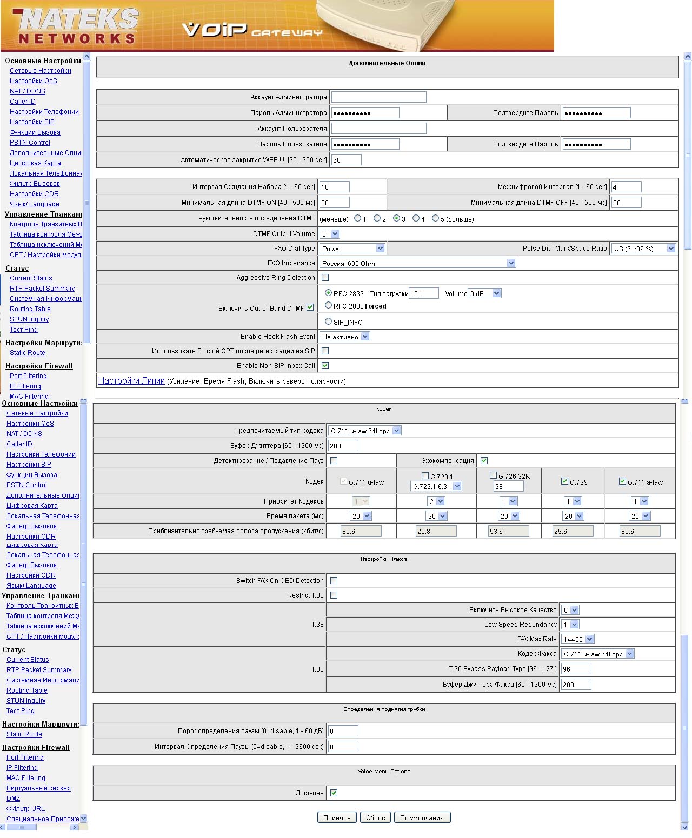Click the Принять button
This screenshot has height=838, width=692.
point(337,817)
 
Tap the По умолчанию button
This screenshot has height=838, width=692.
point(422,817)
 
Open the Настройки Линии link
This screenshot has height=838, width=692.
point(131,380)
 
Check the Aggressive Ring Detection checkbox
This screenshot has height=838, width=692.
point(325,278)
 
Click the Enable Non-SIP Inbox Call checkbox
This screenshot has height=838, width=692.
point(325,366)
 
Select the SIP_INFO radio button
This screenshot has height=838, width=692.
point(328,321)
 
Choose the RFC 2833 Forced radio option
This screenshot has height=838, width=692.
point(328,306)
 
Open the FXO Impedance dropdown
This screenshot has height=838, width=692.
point(417,263)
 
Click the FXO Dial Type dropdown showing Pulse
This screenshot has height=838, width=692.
point(352,249)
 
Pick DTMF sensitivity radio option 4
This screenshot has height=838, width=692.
point(416,219)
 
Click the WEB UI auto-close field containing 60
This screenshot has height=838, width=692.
point(346,160)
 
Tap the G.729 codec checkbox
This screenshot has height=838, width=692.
point(565,481)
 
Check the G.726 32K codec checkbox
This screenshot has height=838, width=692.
point(493,475)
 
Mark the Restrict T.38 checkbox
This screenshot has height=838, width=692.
point(334,595)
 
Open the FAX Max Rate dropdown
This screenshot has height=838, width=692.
point(577,639)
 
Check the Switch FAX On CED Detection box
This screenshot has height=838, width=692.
point(334,581)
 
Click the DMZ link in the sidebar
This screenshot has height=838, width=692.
point(13,799)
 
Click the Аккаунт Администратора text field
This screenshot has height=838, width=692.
point(378,97)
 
